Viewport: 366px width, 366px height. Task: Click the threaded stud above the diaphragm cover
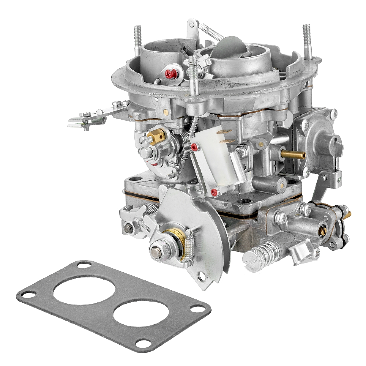coord(306,40)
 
